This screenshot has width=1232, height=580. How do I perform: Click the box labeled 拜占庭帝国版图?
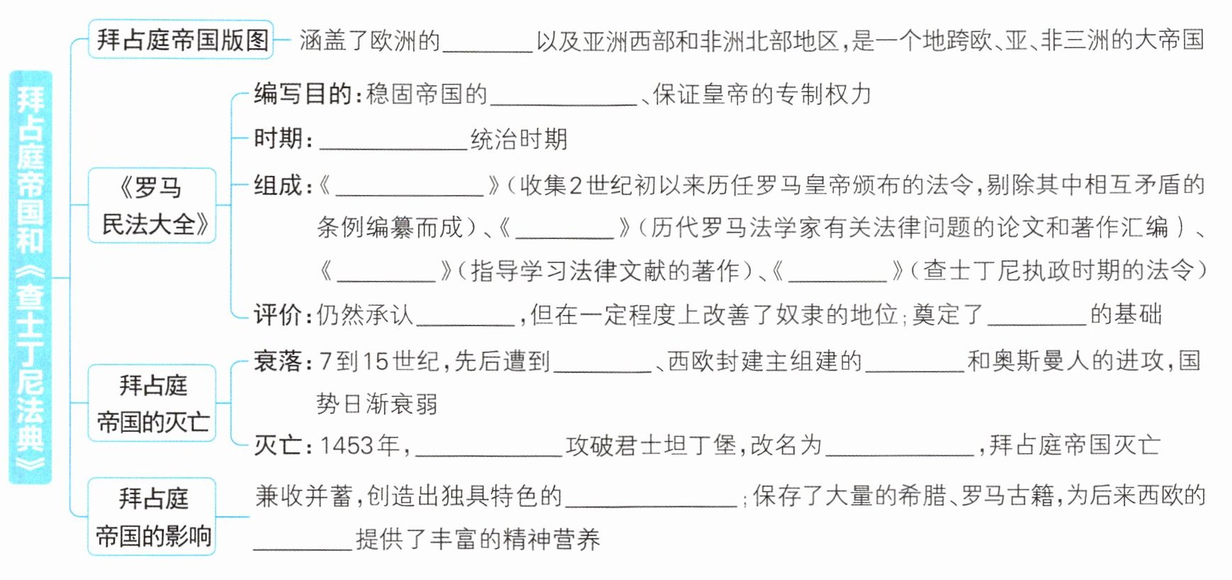pyautogui.click(x=181, y=40)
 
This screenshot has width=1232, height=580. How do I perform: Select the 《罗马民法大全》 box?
pyautogui.click(x=152, y=206)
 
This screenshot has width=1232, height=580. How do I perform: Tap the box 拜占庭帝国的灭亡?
pyautogui.click(x=152, y=403)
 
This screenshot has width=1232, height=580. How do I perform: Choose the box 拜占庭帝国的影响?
pyautogui.click(x=152, y=517)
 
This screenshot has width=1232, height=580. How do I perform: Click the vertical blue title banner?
pyautogui.click(x=30, y=277)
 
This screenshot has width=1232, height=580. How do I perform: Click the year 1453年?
pyautogui.click(x=359, y=445)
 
